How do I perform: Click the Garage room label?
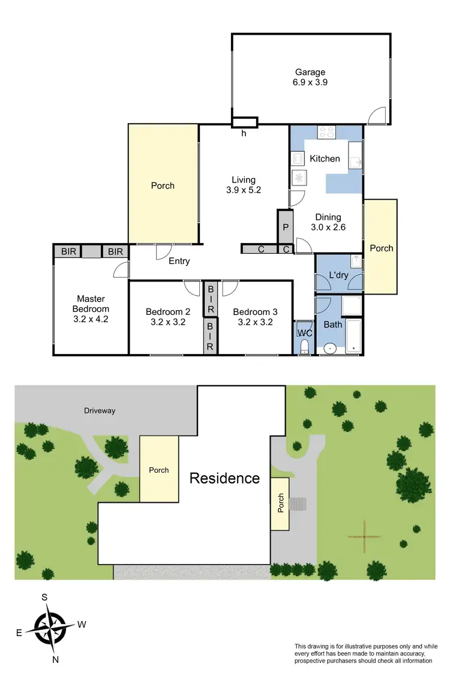pos(310,78)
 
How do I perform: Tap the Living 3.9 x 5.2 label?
pos(244,185)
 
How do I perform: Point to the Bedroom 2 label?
pos(168,316)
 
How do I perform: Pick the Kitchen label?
pos(325,159)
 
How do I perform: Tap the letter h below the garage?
pos(244,134)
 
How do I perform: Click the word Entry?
pos(179,261)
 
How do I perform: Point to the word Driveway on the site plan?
pos(100,411)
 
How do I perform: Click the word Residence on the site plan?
pos(224,478)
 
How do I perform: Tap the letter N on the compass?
pos(56,659)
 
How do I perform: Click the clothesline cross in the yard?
pos(364,536)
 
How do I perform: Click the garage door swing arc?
pos(377,116)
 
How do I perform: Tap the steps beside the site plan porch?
pos(298,503)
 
